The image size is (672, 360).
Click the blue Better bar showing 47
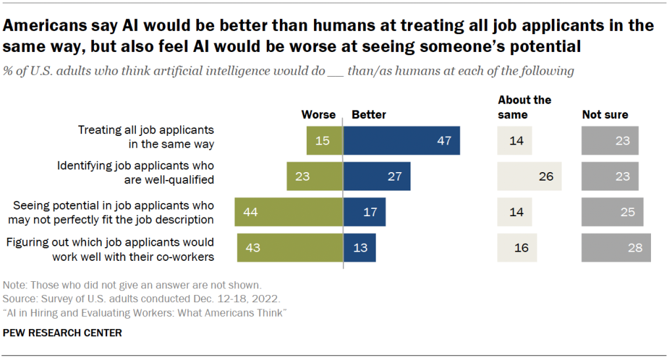coord(401,141)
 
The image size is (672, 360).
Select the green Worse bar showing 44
coord(289,212)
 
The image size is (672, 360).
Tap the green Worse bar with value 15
coord(325,141)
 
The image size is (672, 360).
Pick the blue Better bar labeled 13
coord(359,248)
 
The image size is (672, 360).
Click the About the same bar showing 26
coord(529,176)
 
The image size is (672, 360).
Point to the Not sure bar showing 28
coord(616,248)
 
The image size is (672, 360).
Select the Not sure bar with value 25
coord(612,212)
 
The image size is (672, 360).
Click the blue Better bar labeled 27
coord(377,176)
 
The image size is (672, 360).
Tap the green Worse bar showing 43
coord(290,248)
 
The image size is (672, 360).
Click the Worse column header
coord(319,114)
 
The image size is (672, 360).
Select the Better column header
coord(369,114)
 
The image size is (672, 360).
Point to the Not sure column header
coord(605,114)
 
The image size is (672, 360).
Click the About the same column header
coord(524,107)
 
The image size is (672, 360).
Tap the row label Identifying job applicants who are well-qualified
coord(136,171)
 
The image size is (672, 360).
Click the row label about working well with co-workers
coord(110,250)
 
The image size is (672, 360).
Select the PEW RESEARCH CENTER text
coord(62,333)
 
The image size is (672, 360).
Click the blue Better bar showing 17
coord(365,212)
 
